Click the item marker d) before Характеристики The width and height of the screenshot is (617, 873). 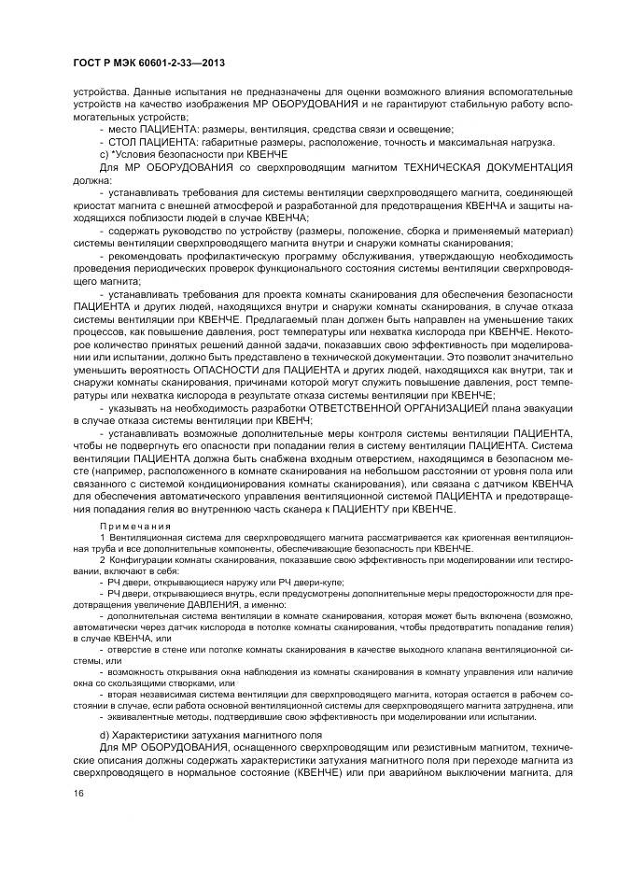point(105,736)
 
